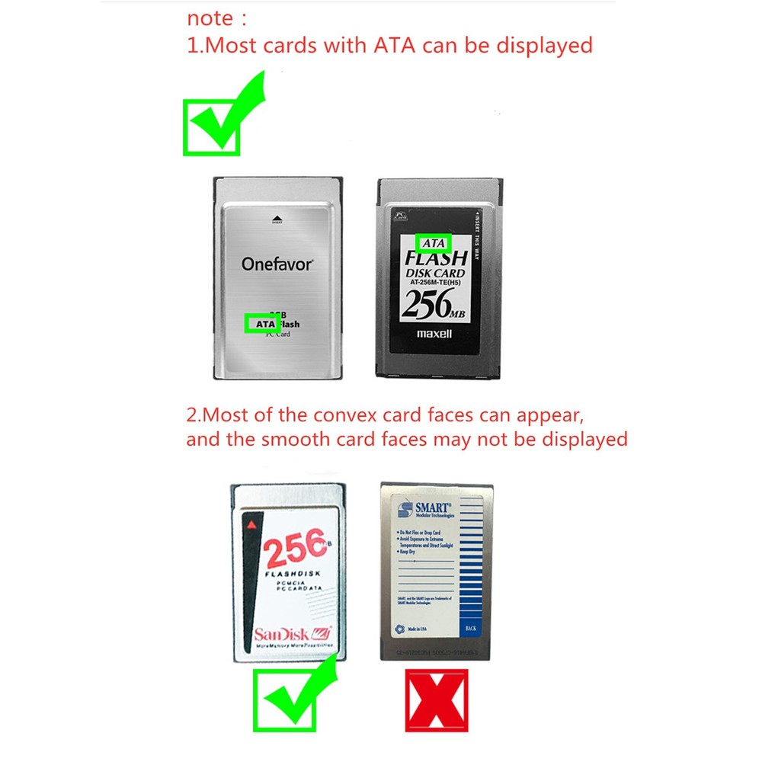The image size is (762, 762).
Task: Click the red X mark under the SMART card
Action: [437, 700]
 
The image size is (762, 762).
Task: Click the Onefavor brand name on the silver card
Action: [277, 264]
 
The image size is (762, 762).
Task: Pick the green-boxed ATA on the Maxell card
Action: [433, 243]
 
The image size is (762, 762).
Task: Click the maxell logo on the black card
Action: [434, 333]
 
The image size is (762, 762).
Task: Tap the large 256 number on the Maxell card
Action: [427, 306]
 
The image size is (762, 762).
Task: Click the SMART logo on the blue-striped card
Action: [431, 507]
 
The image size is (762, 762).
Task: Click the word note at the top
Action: [211, 18]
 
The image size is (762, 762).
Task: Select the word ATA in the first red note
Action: [395, 45]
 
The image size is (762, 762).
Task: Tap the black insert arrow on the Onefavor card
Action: [277, 219]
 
